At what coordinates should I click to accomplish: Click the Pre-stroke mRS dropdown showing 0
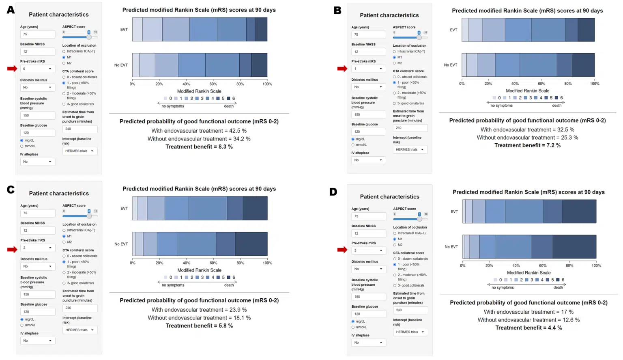pos(37,69)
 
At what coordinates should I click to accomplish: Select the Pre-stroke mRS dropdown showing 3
pos(368,250)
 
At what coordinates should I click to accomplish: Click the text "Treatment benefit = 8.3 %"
pos(199,147)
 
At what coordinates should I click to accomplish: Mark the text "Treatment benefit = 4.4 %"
pos(528,328)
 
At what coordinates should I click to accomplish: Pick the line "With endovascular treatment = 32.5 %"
pos(527,129)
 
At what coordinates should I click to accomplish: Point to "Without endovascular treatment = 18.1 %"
pos(199,318)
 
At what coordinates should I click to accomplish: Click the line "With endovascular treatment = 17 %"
pos(528,312)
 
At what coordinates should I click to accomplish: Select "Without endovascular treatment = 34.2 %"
pos(199,139)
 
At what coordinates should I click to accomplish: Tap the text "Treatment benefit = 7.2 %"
pos(527,145)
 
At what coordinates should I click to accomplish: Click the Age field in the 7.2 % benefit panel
pos(368,34)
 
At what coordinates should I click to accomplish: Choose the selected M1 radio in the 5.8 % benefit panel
pos(64,236)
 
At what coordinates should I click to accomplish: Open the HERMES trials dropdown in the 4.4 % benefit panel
pos(410,332)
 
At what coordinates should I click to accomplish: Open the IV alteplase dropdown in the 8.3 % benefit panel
pos(37,162)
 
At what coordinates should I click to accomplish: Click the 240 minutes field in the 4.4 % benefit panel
pos(410,310)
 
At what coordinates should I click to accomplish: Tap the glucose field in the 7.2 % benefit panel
pos(368,131)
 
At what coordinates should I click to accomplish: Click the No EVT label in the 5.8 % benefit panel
pos(121,244)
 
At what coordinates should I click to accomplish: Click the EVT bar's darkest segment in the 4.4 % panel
pos(579,211)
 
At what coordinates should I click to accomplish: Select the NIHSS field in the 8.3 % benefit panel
pos(37,52)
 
